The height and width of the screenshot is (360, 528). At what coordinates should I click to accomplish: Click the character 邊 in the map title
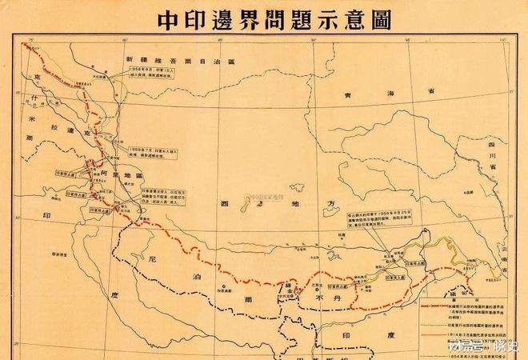(229, 19)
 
